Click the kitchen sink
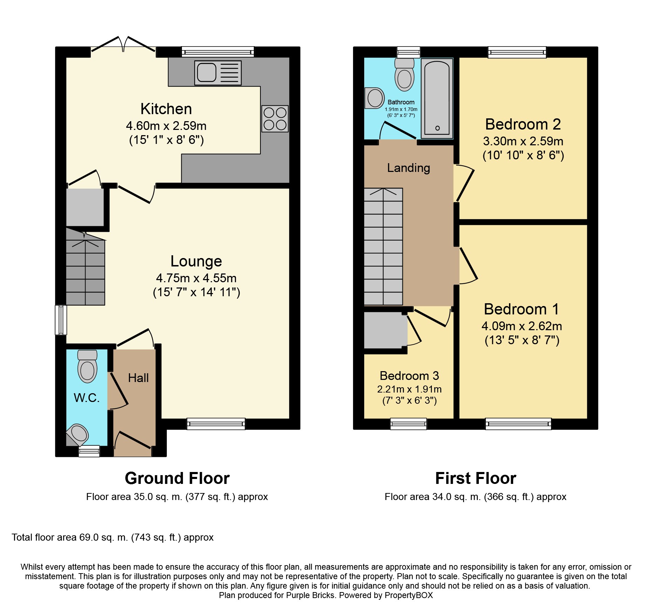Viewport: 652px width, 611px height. (218, 73)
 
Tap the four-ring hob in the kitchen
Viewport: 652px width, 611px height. (275, 119)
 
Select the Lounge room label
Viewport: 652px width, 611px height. (196, 261)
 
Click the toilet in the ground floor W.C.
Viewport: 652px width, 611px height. (87, 367)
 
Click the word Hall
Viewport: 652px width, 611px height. (138, 378)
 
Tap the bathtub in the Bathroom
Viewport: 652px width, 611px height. (437, 98)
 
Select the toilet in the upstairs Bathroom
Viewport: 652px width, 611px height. (404, 75)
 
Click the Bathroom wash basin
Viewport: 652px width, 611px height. (374, 98)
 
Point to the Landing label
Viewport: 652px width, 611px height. (408, 168)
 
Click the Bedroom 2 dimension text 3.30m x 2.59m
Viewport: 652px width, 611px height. (523, 141)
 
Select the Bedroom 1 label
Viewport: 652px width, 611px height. (521, 309)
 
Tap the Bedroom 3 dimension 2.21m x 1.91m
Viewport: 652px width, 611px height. (409, 389)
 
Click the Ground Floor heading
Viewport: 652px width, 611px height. (177, 478)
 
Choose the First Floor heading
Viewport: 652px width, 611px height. (475, 478)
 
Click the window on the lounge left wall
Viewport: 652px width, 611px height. (61, 320)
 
